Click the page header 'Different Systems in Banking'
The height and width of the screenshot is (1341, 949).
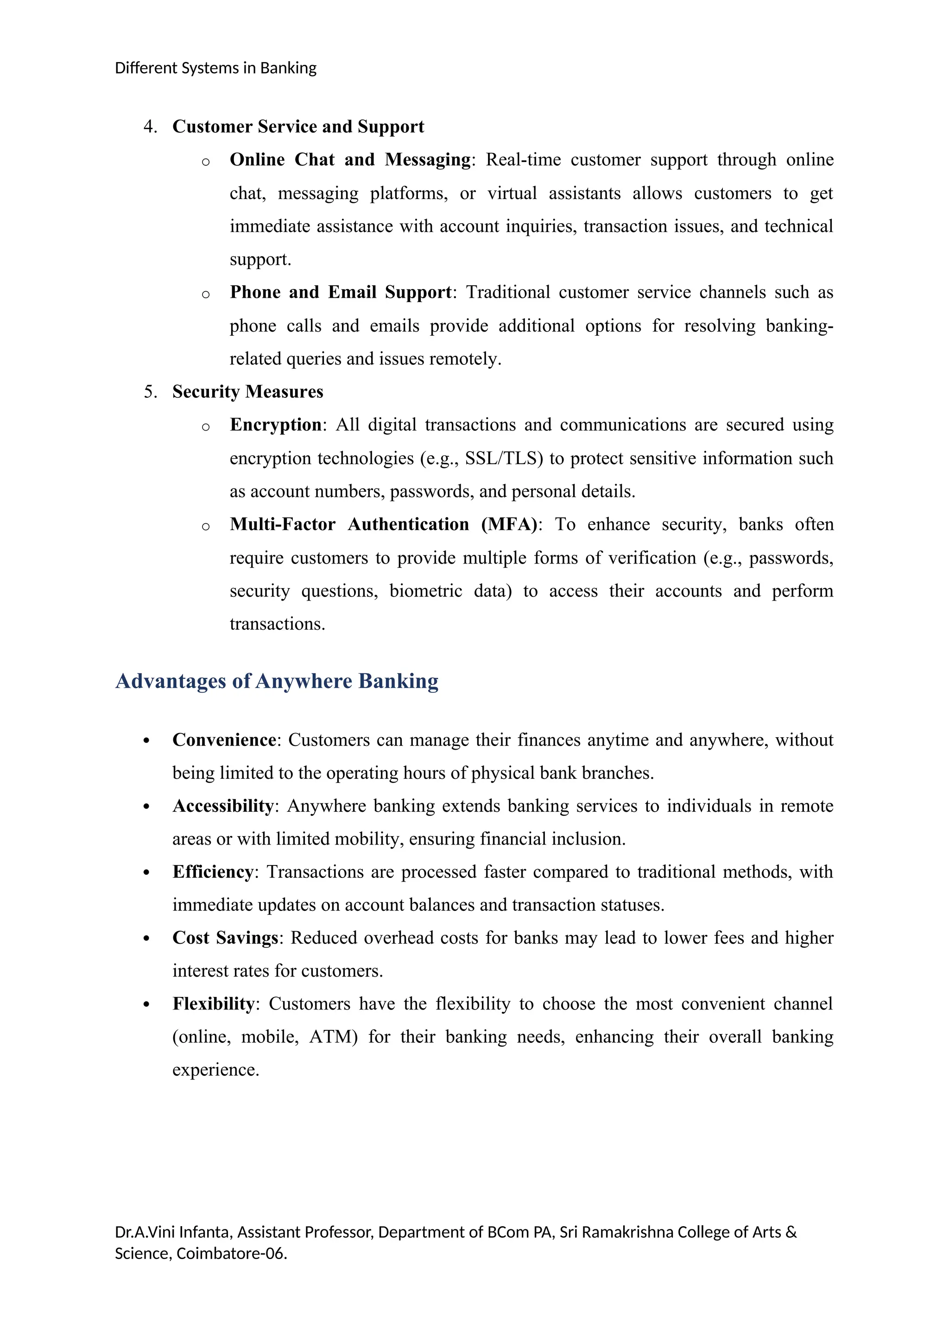[x=215, y=69]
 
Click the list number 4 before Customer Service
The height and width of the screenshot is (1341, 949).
[x=150, y=127]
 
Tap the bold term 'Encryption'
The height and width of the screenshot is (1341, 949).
[x=275, y=425]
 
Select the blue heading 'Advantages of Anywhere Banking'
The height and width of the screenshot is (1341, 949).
[x=277, y=681]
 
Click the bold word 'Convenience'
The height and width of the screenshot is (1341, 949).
[x=224, y=739]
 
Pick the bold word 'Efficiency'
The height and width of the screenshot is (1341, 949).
[x=213, y=871]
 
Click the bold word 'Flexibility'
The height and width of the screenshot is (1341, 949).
[x=213, y=1003]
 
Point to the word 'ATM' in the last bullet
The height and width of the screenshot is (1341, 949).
[x=333, y=1037]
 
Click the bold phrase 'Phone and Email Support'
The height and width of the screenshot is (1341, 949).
[x=341, y=292]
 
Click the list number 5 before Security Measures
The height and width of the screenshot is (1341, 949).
[x=150, y=391]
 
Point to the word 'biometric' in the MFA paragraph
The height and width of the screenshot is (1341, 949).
[x=425, y=590]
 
